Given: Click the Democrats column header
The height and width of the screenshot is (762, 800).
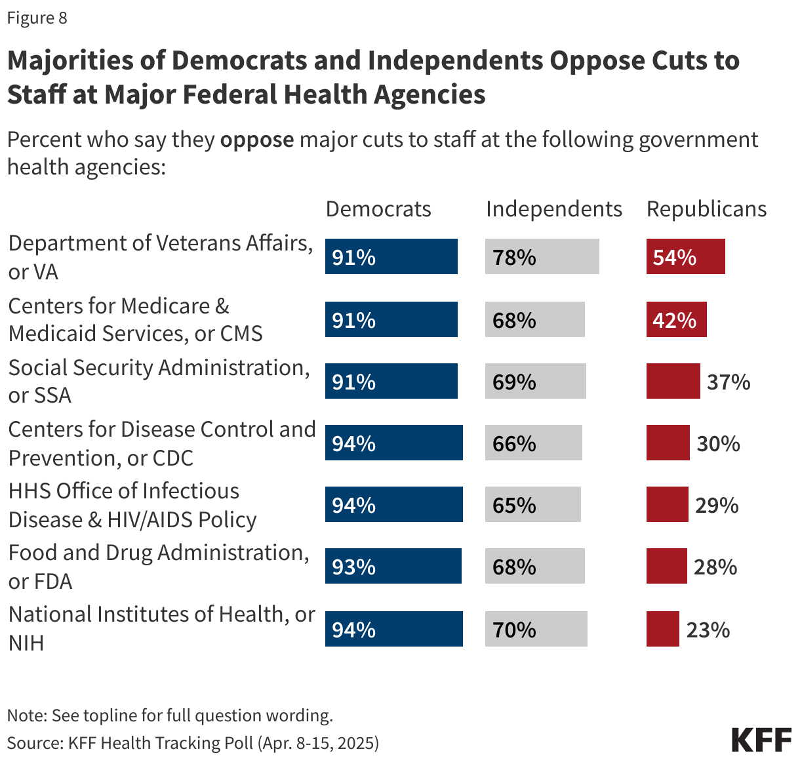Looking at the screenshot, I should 378,209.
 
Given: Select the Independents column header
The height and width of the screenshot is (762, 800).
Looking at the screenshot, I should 553,209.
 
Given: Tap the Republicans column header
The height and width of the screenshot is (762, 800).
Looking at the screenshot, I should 706,209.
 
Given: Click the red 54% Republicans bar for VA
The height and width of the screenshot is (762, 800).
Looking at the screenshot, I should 685,256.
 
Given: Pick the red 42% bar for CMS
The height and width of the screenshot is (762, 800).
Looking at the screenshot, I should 676,319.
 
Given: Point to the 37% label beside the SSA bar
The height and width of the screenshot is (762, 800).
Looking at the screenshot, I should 729,382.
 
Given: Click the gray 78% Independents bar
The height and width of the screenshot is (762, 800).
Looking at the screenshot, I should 542,256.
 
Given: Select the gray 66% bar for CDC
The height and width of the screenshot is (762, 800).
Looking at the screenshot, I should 533,443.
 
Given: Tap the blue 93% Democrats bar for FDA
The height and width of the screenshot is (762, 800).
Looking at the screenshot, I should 393,566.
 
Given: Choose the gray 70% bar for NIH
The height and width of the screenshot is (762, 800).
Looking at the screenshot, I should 536,629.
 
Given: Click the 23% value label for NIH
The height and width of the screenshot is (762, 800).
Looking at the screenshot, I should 708,630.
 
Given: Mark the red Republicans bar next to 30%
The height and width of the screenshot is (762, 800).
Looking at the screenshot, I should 668,443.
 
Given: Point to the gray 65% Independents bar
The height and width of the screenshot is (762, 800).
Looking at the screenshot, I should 532,504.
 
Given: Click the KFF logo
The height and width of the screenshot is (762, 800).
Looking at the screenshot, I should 761,739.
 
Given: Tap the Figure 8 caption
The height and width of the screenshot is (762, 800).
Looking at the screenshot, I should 37,18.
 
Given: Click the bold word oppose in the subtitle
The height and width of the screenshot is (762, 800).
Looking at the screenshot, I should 257,140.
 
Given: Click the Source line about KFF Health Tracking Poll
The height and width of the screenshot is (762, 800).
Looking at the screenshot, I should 193,742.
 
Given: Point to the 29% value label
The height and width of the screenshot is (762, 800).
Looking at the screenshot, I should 717,505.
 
